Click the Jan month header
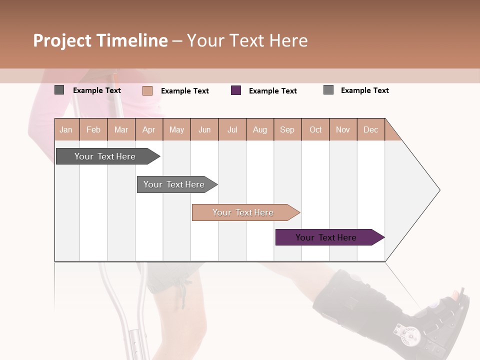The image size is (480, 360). [66, 129]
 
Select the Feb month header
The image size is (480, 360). [93, 129]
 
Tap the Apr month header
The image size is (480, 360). [149, 129]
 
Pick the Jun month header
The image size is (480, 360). [204, 129]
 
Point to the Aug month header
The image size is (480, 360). [260, 129]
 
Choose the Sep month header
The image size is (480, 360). [287, 129]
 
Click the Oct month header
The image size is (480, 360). [315, 129]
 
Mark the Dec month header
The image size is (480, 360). [371, 129]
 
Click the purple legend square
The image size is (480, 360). [236, 90]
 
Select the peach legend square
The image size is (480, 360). [147, 90]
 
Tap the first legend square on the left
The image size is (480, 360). [59, 90]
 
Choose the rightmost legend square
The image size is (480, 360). [328, 90]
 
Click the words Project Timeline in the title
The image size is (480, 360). [100, 40]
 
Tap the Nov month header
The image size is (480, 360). [343, 129]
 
